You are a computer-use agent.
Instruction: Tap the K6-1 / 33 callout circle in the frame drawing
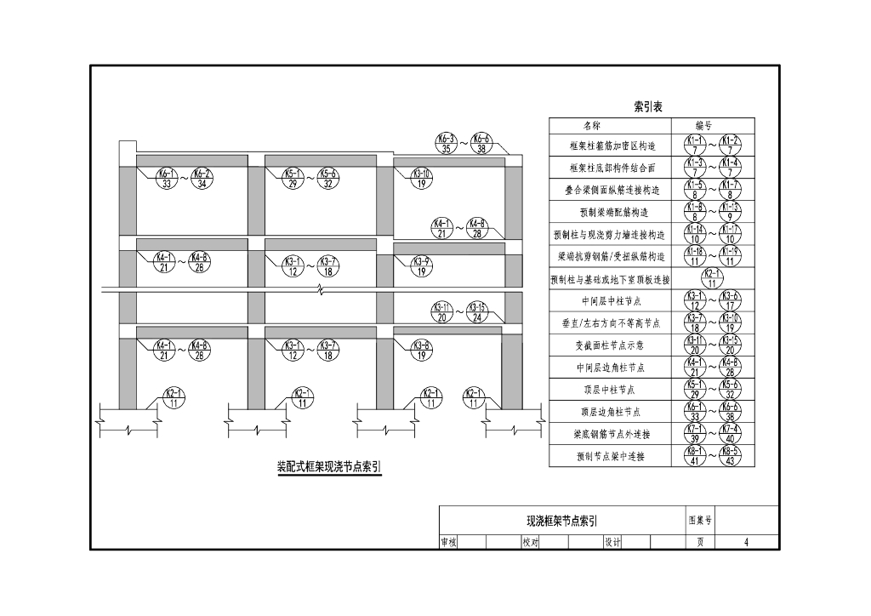click(x=167, y=178)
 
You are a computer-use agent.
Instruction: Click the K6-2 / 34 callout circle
click(x=202, y=178)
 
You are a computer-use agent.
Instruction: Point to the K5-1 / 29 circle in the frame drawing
click(x=293, y=178)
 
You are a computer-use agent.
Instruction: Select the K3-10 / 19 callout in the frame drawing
click(x=422, y=178)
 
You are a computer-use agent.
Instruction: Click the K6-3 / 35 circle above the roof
click(x=447, y=143)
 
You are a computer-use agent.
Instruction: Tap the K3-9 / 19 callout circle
click(x=422, y=265)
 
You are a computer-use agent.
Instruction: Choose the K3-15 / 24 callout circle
click(x=480, y=312)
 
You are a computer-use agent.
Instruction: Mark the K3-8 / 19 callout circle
click(x=422, y=350)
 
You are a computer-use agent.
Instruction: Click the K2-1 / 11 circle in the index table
click(x=712, y=278)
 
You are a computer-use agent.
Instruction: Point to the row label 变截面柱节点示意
click(x=609, y=345)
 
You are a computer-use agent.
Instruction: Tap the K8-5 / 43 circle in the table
click(x=730, y=457)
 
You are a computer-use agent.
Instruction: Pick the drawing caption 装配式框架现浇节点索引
click(x=329, y=467)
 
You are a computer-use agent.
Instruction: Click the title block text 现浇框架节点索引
click(x=562, y=521)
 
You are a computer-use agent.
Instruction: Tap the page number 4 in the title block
click(x=746, y=542)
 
